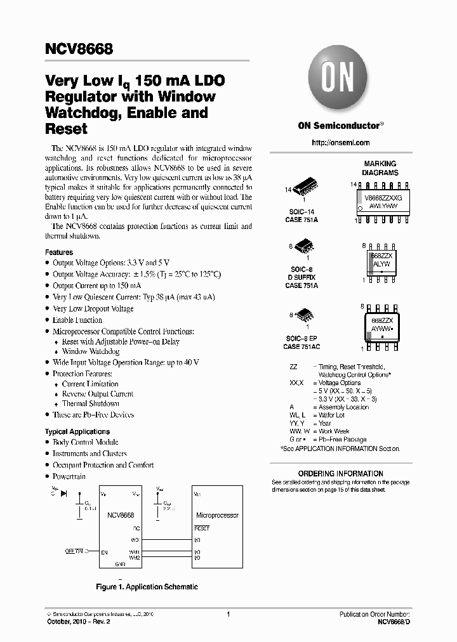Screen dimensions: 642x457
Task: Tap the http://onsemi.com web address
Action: [x=341, y=143]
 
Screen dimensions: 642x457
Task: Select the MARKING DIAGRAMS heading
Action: [x=380, y=168]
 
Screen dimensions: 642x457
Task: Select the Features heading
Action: [x=59, y=252]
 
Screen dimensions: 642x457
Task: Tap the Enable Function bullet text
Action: [x=77, y=320]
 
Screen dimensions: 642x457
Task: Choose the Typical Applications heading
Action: [x=77, y=431]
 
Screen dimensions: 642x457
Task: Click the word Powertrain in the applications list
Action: [x=69, y=476]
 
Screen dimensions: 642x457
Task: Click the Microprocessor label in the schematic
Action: [x=218, y=516]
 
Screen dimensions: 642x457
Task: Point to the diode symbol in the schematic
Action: [x=64, y=493]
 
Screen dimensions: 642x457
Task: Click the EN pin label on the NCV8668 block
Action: [x=104, y=553]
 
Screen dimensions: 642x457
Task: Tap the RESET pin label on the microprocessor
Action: [x=201, y=528]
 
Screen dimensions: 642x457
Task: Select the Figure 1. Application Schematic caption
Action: [x=147, y=587]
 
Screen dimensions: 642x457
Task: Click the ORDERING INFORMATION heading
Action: [x=340, y=473]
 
